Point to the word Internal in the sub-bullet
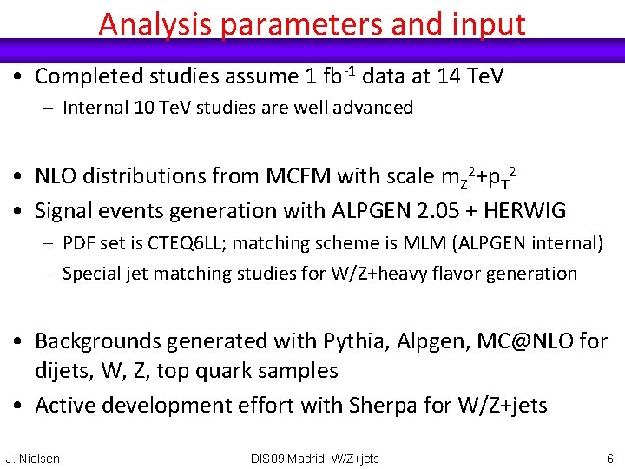96,109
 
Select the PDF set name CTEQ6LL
178,243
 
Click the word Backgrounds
98,340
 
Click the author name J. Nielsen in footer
33,459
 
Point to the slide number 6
610,459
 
